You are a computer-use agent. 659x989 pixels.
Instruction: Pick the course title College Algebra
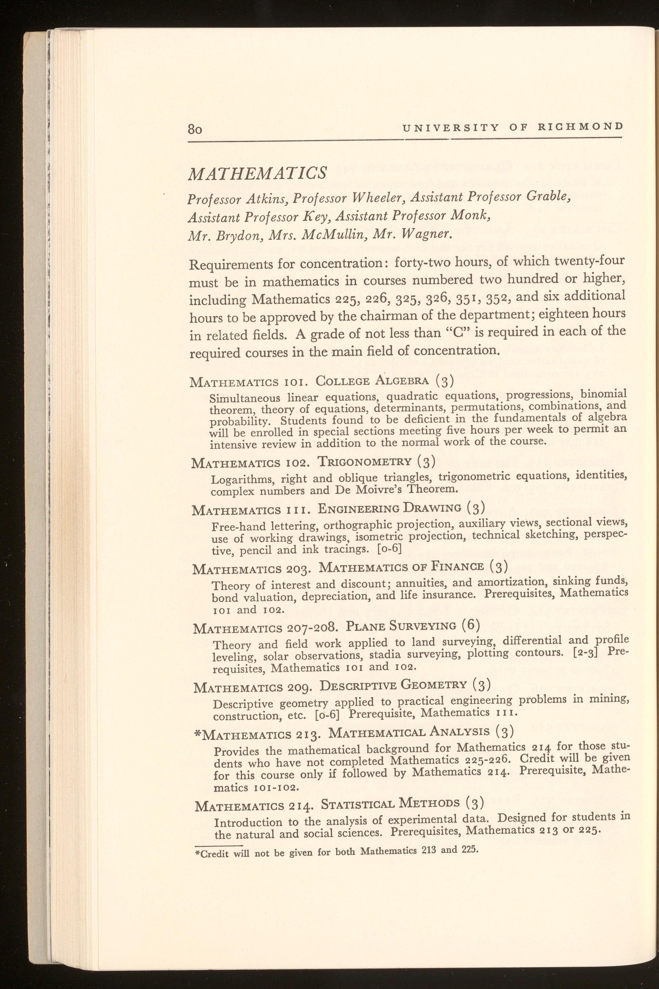(373, 382)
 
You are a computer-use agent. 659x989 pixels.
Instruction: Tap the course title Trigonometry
(364, 462)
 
